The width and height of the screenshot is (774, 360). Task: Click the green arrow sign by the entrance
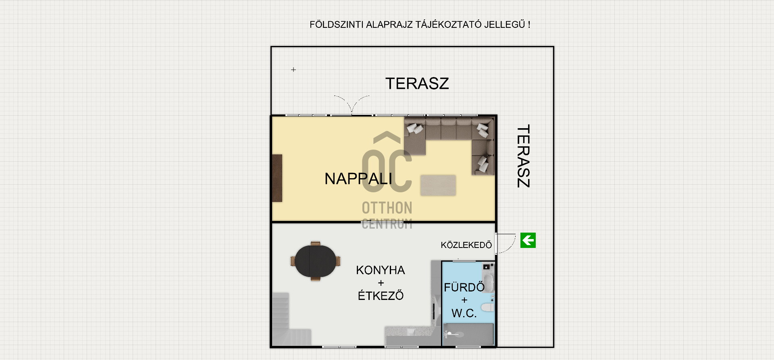(528, 240)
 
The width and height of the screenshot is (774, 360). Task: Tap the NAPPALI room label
(358, 179)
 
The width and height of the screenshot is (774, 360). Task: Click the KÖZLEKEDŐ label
(466, 245)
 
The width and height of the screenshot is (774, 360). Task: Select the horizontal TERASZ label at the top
(417, 83)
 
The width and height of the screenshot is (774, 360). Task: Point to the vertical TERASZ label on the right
(523, 156)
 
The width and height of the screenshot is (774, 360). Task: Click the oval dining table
(315, 261)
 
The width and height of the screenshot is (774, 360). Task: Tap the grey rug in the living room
(438, 185)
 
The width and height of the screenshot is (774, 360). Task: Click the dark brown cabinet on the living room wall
(277, 178)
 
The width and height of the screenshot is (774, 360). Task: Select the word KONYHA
(380, 270)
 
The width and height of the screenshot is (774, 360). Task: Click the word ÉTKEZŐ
(381, 295)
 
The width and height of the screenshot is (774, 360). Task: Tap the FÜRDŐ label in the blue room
(464, 287)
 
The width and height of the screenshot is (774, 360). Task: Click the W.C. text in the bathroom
(464, 313)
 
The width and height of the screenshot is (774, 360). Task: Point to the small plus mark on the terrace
(293, 70)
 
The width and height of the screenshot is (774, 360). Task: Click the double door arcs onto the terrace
(352, 104)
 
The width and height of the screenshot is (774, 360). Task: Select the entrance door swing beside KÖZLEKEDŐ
(506, 243)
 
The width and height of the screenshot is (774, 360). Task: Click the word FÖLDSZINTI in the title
(337, 25)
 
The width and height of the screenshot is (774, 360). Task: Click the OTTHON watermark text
(387, 208)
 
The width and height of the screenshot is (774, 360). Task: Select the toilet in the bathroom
(487, 308)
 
